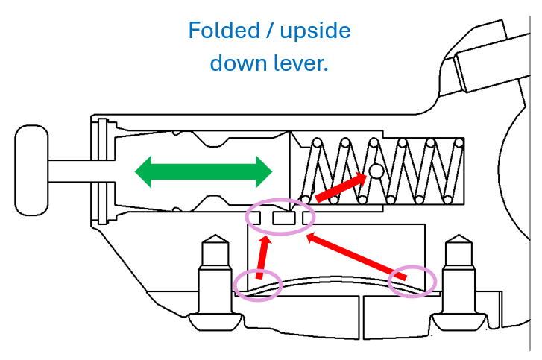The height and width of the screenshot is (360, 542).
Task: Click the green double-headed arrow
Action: click(x=204, y=171)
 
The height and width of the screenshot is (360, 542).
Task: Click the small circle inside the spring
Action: click(x=376, y=171)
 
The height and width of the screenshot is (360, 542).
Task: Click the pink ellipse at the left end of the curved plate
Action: click(x=258, y=284)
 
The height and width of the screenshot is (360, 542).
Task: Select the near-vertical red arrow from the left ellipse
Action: click(x=263, y=258)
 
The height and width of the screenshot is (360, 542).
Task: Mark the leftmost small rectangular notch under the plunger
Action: click(x=254, y=218)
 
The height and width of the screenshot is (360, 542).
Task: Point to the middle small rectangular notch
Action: click(x=282, y=218)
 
